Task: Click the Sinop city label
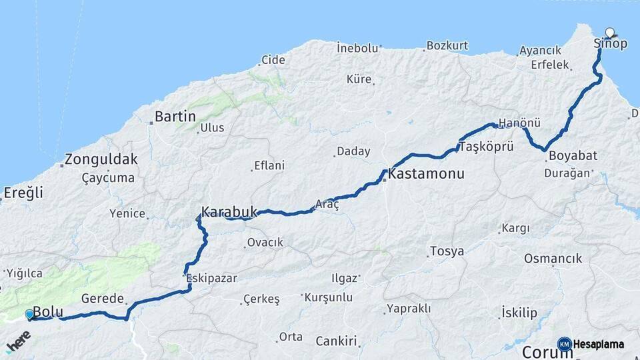(x=610, y=44)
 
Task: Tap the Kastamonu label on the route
(x=425, y=174)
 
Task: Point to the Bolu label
(x=47, y=311)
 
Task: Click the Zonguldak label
(x=101, y=160)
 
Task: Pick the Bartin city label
(x=175, y=117)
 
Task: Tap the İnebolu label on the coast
(x=357, y=48)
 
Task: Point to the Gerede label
(x=102, y=298)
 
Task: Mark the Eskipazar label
(x=211, y=277)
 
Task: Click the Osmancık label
(x=553, y=259)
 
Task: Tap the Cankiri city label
(x=337, y=342)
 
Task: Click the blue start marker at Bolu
(x=29, y=315)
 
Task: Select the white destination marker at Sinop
(x=610, y=32)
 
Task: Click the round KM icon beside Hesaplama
(x=564, y=344)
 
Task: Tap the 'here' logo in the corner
(x=18, y=345)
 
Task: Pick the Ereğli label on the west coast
(x=23, y=193)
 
